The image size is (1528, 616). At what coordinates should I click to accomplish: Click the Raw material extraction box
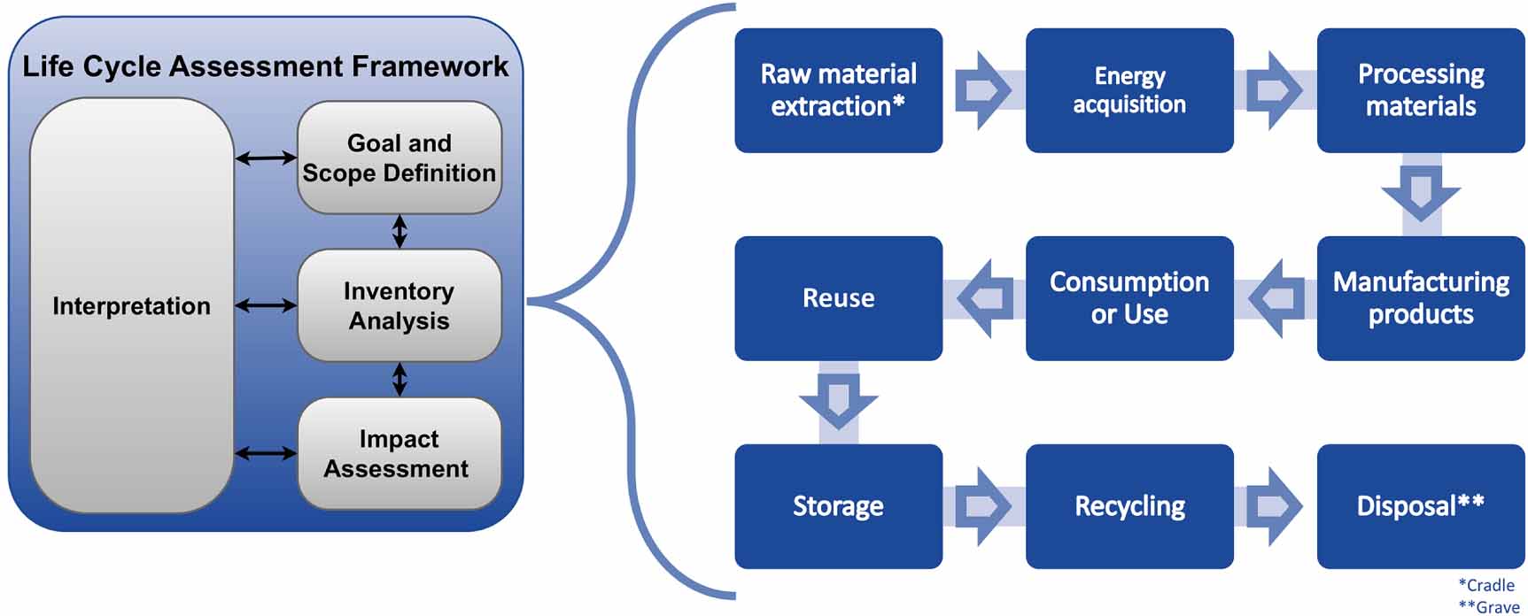tap(838, 90)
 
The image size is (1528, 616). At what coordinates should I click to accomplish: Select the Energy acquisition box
tap(1129, 90)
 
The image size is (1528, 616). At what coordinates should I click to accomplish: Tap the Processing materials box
tap(1420, 90)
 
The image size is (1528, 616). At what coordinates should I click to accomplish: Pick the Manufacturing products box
tap(1420, 298)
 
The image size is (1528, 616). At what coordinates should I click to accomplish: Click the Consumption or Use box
tap(1129, 298)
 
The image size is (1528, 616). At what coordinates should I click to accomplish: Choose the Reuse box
tap(838, 298)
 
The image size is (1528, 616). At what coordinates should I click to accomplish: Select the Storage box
tap(838, 506)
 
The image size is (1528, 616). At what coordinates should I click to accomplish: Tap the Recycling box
tap(1129, 506)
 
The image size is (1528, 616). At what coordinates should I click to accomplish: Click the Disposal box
tap(1420, 506)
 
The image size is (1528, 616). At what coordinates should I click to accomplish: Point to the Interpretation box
tap(131, 305)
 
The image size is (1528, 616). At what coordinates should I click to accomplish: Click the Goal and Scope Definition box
tap(399, 158)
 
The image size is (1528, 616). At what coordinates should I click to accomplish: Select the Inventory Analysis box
tap(399, 305)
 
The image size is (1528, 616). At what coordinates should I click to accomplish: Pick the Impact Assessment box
tap(399, 453)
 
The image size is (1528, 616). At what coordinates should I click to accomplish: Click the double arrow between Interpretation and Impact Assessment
tap(266, 453)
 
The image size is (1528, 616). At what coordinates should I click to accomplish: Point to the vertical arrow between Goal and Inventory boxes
tap(399, 231)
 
